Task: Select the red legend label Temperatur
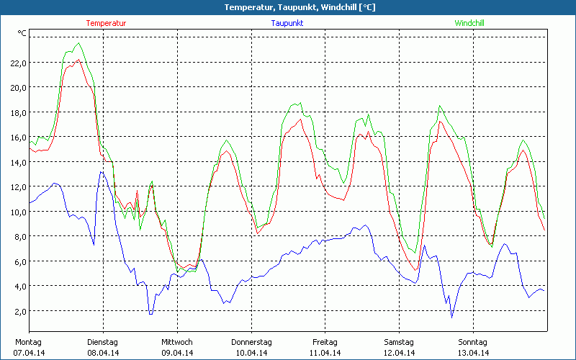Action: (x=106, y=23)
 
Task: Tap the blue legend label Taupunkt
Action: (x=287, y=23)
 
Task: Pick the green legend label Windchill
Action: (x=469, y=23)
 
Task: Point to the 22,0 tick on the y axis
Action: (x=18, y=63)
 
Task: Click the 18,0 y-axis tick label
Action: (x=18, y=112)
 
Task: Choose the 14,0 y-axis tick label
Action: (x=18, y=162)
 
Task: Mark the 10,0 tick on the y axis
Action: (x=18, y=212)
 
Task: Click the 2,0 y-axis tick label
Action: (x=19, y=311)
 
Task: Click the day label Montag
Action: (x=28, y=342)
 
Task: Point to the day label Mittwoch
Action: (x=176, y=342)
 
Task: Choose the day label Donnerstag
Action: (x=251, y=342)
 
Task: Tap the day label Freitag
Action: (x=325, y=342)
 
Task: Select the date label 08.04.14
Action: (x=102, y=353)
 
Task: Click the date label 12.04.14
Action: (x=399, y=353)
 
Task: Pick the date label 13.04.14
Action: (x=473, y=353)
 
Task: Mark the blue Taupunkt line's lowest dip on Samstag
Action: (x=452, y=317)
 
